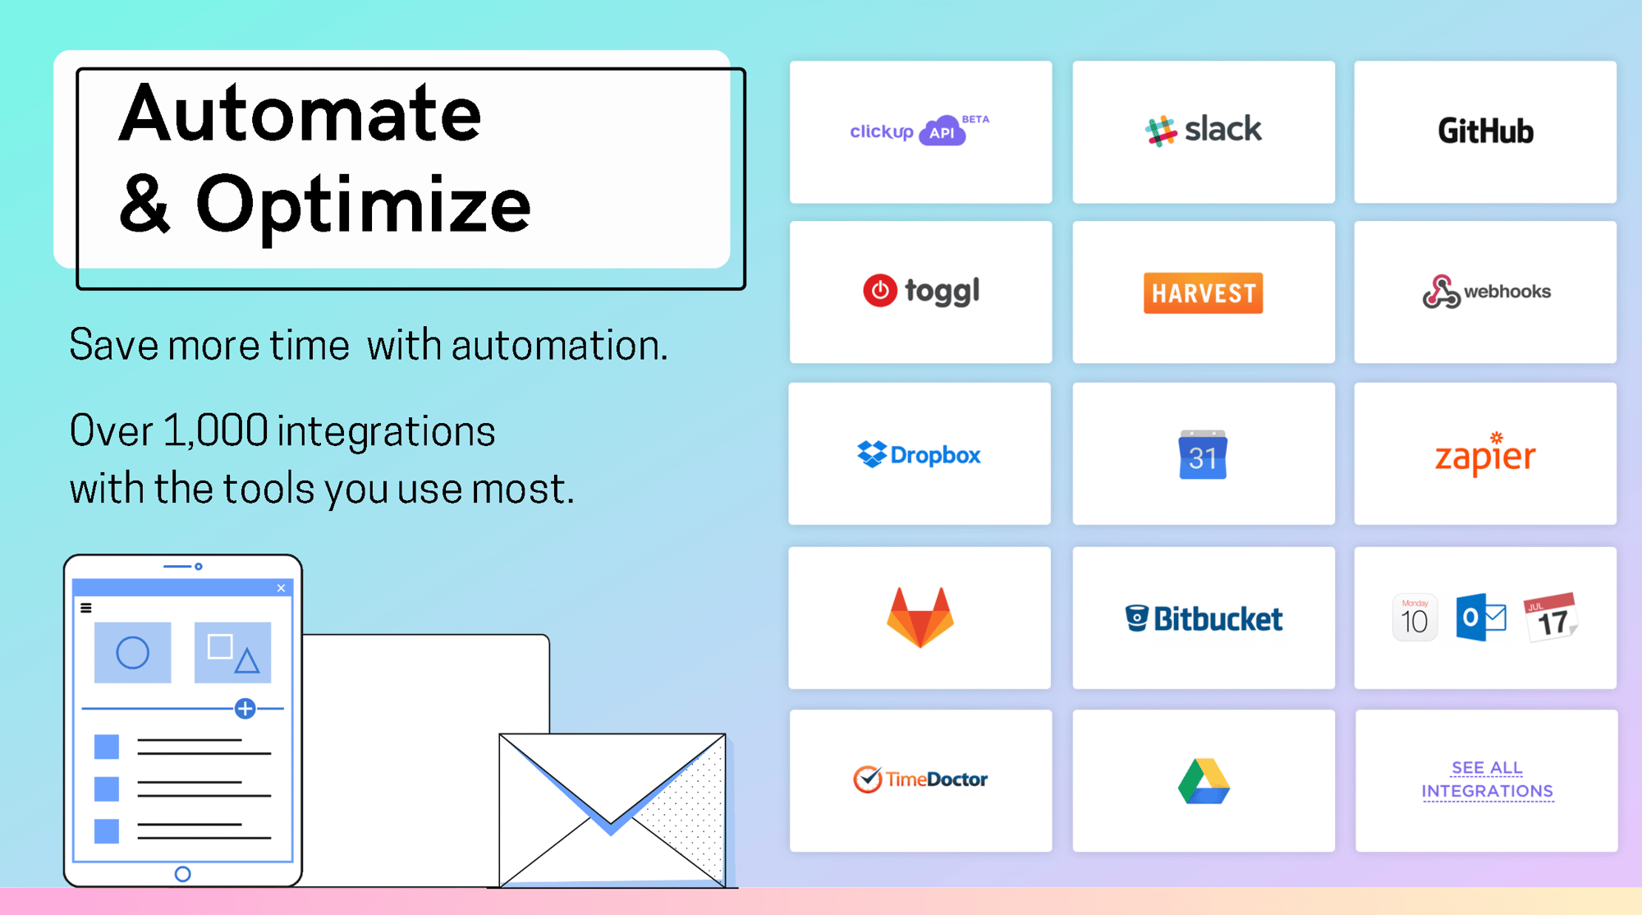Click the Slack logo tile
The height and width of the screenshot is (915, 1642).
pyautogui.click(x=1204, y=131)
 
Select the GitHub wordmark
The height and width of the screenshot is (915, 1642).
pyautogui.click(x=1485, y=131)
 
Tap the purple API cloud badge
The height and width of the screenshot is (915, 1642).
pyautogui.click(x=943, y=131)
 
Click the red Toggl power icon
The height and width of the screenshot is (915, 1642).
pyautogui.click(x=879, y=290)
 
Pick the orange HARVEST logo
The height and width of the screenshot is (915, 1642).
pyautogui.click(x=1203, y=292)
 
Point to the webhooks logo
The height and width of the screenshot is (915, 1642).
pyautogui.click(x=1486, y=292)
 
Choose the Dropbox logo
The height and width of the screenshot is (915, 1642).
pyautogui.click(x=919, y=454)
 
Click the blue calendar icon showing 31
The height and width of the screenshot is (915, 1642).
pyautogui.click(x=1203, y=454)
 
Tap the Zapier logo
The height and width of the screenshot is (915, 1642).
pyautogui.click(x=1485, y=453)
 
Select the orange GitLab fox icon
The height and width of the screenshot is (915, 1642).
pyautogui.click(x=920, y=618)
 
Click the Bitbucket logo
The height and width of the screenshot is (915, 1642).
pyautogui.click(x=1204, y=618)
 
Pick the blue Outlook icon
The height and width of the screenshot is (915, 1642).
pyautogui.click(x=1480, y=618)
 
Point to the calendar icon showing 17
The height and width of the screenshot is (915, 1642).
pyautogui.click(x=1550, y=617)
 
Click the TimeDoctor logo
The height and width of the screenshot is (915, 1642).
pyautogui.click(x=920, y=779)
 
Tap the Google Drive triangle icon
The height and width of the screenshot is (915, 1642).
pyautogui.click(x=1204, y=781)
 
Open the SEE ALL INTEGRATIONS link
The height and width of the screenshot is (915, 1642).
pyautogui.click(x=1487, y=779)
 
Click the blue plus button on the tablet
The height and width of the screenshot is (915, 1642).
pyautogui.click(x=245, y=708)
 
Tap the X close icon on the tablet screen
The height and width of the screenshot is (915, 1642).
pyautogui.click(x=281, y=588)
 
